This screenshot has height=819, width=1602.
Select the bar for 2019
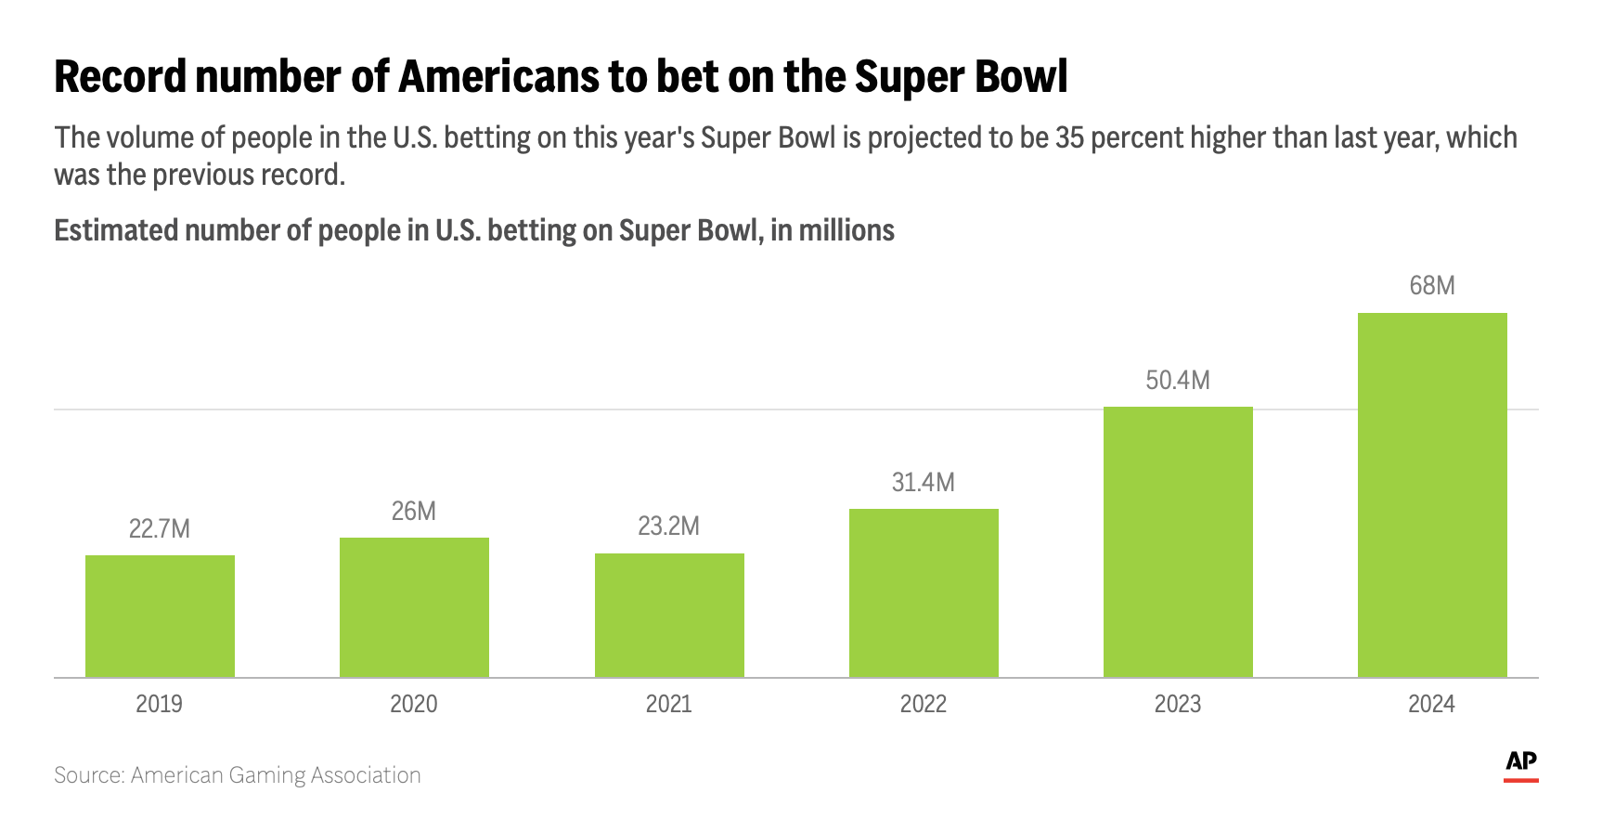pyautogui.click(x=160, y=617)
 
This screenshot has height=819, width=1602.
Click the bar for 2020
pyautogui.click(x=414, y=607)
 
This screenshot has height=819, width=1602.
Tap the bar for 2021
pyautogui.click(x=669, y=616)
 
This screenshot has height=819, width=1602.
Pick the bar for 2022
pyautogui.click(x=924, y=592)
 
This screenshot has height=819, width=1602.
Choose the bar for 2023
pyautogui.click(x=1178, y=542)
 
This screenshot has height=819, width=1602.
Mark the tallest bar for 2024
pyautogui.click(x=1432, y=495)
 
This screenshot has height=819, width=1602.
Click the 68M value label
pyautogui.click(x=1432, y=286)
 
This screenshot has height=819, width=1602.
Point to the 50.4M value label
pyautogui.click(x=1178, y=381)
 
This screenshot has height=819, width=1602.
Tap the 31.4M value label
pyautogui.click(x=924, y=483)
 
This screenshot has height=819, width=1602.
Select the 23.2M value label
pyautogui.click(x=669, y=526)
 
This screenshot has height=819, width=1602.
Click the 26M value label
pyautogui.click(x=414, y=512)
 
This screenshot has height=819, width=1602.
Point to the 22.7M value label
pyautogui.click(x=160, y=529)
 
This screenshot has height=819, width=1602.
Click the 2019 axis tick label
pyautogui.click(x=160, y=704)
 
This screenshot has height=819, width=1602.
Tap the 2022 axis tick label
pyautogui.click(x=924, y=704)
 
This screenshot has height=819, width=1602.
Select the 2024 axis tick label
pyautogui.click(x=1431, y=704)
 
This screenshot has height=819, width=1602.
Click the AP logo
pyautogui.click(x=1520, y=763)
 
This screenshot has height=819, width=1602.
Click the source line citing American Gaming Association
pyautogui.click(x=238, y=775)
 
